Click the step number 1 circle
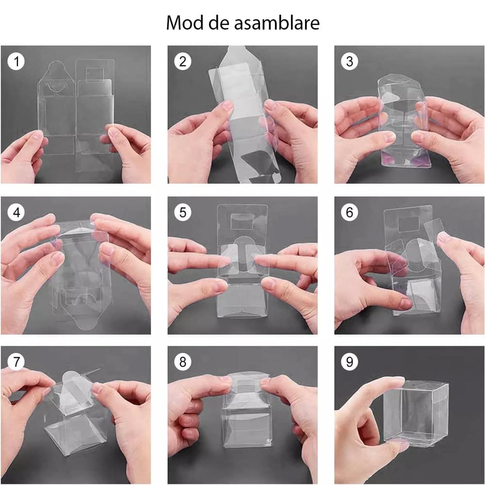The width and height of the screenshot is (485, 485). [16, 61]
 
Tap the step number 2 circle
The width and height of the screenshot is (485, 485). [183, 61]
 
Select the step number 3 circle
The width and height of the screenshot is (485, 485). [350, 61]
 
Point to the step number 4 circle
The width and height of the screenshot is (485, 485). [16, 212]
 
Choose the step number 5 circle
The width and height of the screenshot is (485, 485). [183, 212]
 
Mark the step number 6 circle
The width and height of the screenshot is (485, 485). [350, 212]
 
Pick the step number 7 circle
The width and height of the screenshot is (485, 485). [16, 362]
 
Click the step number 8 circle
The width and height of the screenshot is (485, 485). [183, 362]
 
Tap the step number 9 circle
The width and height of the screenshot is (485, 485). [350, 362]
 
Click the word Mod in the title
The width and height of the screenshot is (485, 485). [185, 23]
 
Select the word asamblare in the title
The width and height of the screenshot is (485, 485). [276, 23]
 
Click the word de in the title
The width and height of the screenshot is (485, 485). [219, 23]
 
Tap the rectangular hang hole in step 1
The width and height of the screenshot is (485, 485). [95, 75]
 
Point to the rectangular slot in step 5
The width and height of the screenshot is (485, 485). [242, 222]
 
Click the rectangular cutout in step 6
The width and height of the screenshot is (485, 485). [408, 225]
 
